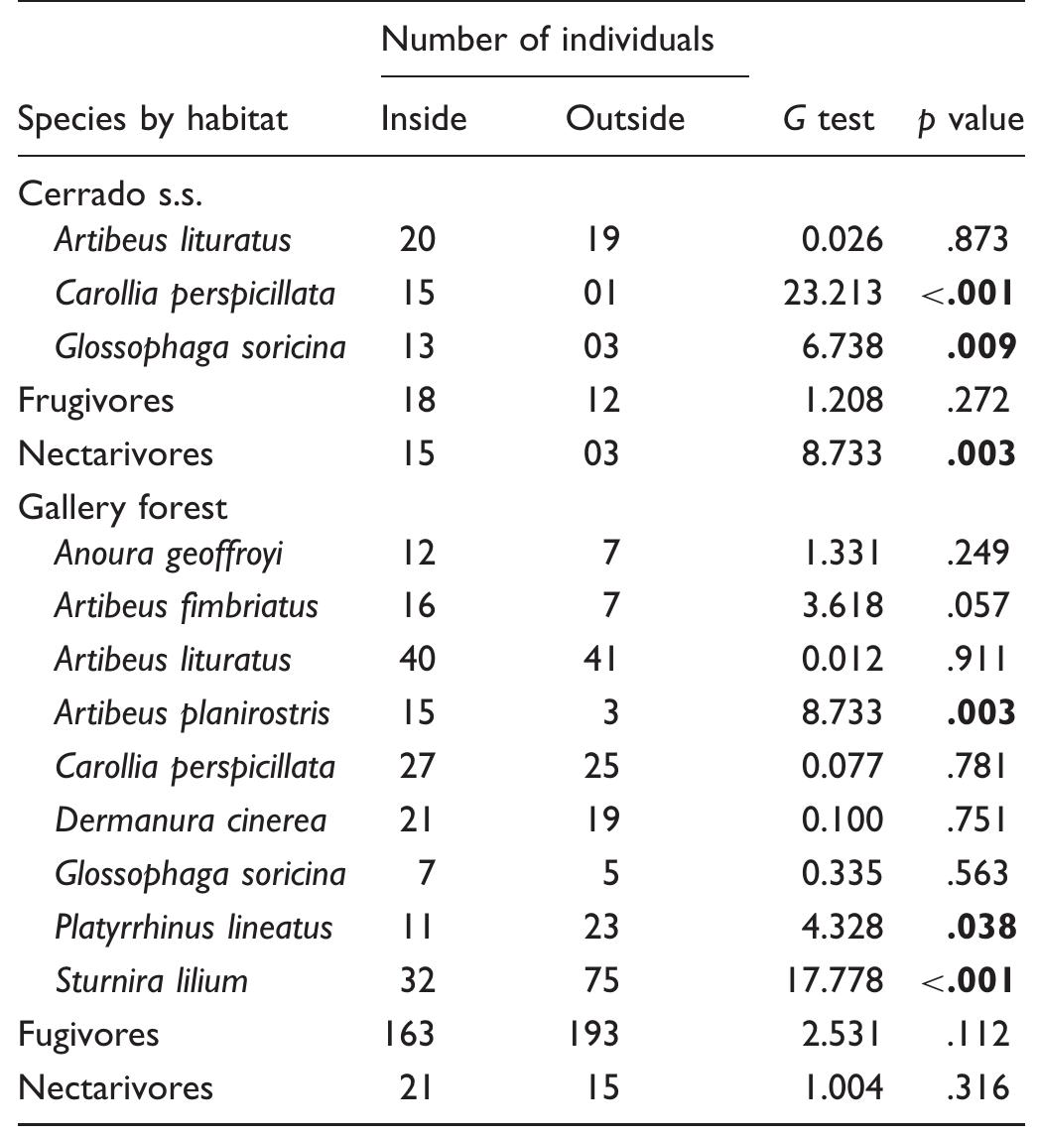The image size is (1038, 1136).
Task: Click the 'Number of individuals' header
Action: pyautogui.click(x=547, y=40)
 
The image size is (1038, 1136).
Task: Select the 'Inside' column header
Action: pyautogui.click(x=424, y=119)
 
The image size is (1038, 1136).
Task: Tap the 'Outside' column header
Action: pyautogui.click(x=624, y=119)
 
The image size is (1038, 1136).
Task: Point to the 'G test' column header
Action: pyautogui.click(x=828, y=119)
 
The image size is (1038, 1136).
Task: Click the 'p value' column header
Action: pyautogui.click(x=968, y=120)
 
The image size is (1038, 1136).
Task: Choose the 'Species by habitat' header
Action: pyautogui.click(x=153, y=119)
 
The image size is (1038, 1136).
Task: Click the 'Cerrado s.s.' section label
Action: pyautogui.click(x=110, y=193)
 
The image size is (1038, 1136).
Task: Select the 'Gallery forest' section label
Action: pyautogui.click(x=123, y=508)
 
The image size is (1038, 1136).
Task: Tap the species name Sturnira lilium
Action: pyautogui.click(x=151, y=981)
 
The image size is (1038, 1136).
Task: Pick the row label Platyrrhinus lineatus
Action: pyautogui.click(x=194, y=928)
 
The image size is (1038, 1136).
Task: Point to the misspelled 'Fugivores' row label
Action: pyautogui.click(x=88, y=1034)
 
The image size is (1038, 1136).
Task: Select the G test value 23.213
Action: pyautogui.click(x=830, y=294)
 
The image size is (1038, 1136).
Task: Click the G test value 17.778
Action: pyautogui.click(x=830, y=981)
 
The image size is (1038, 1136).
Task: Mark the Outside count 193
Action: pyautogui.click(x=592, y=1034)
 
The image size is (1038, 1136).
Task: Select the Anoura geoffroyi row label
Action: pyautogui.click(x=168, y=553)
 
